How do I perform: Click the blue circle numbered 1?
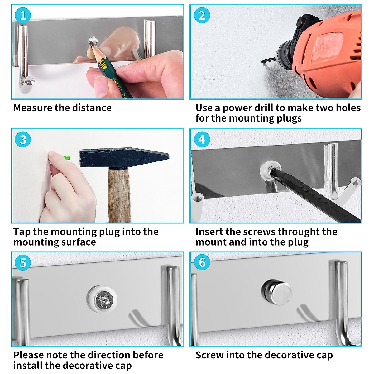coord(23,15)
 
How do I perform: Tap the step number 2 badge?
coord(202,15)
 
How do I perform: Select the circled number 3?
coord(23,139)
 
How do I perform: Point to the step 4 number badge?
coord(202,139)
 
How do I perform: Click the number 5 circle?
coord(23,263)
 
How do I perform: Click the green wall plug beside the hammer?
coord(66,157)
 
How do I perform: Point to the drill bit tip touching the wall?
coord(262,62)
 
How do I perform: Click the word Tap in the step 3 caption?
coord(22,232)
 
